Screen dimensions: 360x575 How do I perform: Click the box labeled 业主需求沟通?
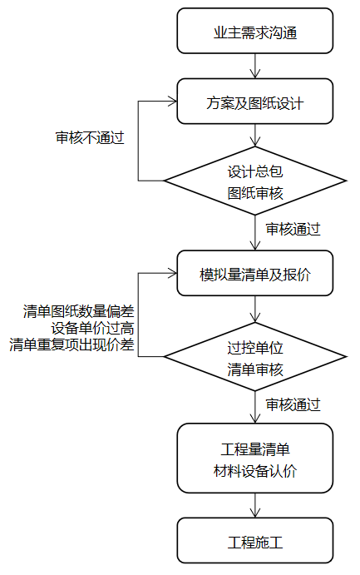coord(255,31)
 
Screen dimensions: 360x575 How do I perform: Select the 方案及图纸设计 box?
coord(255,102)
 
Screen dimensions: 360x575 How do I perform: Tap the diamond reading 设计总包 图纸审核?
coord(255,181)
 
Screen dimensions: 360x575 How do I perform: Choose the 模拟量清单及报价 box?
coord(255,273)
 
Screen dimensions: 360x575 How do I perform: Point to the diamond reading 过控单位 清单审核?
coord(255,356)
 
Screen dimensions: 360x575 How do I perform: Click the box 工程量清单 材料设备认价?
coord(255,459)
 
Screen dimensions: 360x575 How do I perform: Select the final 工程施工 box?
coord(255,541)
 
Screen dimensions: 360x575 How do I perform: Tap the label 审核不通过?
coord(90,137)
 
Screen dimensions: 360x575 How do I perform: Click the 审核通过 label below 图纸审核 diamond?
coord(293,229)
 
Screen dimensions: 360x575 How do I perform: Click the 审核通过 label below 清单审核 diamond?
coord(293,405)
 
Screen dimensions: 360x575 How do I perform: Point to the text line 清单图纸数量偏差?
coord(78,311)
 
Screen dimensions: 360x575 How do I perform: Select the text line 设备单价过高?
coord(92,328)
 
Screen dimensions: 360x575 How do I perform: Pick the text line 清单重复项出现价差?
coord(72,345)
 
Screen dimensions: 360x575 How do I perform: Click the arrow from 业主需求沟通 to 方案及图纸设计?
coord(255,66)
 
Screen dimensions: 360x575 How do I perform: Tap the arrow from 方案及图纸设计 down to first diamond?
coord(255,136)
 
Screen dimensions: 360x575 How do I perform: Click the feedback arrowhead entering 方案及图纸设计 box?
coord(172,102)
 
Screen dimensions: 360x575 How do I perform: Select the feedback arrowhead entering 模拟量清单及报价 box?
coord(172,273)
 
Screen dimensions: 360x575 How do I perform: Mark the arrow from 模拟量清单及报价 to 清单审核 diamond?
coord(255,310)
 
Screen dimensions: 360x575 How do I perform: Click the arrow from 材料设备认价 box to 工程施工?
coord(255,505)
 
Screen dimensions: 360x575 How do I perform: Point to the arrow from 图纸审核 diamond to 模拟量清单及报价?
coord(255,232)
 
